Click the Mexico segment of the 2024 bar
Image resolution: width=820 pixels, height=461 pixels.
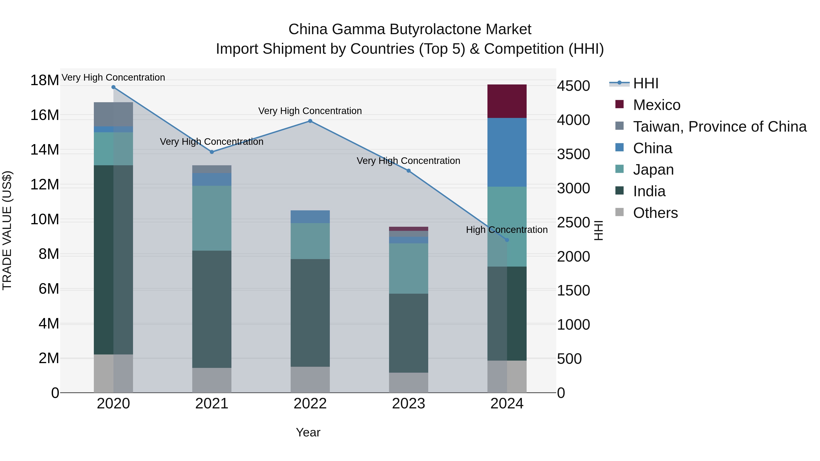pos(507,101)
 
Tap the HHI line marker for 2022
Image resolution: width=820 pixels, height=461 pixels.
pos(310,121)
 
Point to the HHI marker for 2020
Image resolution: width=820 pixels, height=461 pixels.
pos(113,87)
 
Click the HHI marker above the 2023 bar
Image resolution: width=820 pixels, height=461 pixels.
pos(408,171)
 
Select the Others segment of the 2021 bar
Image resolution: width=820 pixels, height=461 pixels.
pos(212,380)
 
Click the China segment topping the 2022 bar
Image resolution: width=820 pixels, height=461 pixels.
pos(310,217)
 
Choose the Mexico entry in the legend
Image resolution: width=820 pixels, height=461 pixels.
pos(656,105)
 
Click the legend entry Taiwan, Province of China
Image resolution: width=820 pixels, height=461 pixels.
pos(719,127)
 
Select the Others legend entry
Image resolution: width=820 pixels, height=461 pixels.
pos(655,213)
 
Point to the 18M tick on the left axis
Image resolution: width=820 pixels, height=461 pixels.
pos(45,80)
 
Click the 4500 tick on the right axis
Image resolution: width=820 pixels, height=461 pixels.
pos(573,86)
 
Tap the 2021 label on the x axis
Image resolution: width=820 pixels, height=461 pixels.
pos(212,404)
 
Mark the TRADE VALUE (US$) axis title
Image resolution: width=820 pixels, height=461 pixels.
pos(7,230)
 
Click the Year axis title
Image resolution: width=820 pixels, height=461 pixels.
pos(308,432)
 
